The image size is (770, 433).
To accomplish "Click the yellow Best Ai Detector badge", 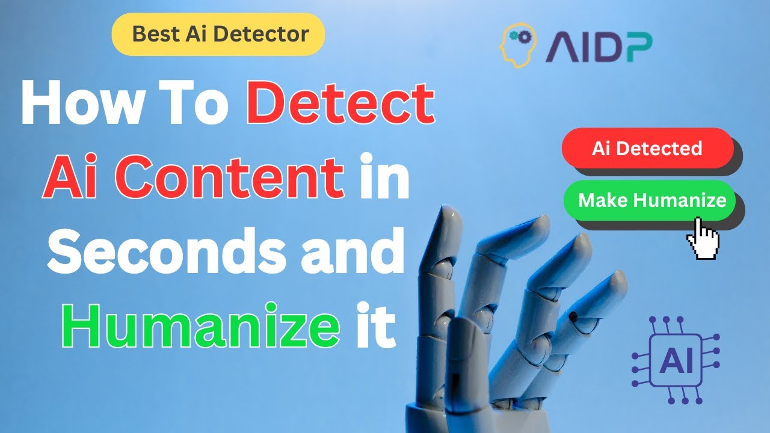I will (218, 34).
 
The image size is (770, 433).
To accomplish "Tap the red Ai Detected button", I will (647, 149).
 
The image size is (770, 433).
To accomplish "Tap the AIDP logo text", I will (598, 46).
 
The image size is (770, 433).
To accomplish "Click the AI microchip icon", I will (676, 360).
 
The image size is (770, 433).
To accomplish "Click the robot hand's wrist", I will (448, 415).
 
